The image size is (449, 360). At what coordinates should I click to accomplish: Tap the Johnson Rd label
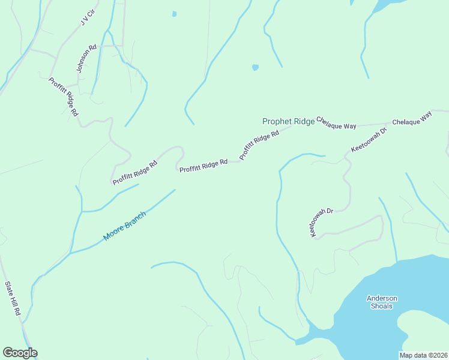click(86, 59)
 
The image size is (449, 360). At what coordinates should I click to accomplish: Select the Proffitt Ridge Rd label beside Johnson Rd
click(64, 96)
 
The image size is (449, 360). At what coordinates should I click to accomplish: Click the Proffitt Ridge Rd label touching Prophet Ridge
click(260, 145)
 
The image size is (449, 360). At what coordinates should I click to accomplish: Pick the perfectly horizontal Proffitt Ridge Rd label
click(203, 163)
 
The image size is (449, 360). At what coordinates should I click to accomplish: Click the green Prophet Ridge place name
click(288, 121)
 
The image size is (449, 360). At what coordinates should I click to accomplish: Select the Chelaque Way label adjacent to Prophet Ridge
click(336, 123)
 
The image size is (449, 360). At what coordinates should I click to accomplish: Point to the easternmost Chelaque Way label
click(412, 118)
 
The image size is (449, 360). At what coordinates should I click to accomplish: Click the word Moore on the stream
click(114, 233)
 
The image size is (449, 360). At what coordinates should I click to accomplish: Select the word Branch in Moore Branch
click(136, 219)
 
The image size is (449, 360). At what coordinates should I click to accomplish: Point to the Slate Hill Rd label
click(13, 299)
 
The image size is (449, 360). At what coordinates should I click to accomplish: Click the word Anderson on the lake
click(382, 298)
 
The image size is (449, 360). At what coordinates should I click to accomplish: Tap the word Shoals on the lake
click(381, 306)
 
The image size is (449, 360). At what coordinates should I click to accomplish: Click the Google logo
click(20, 353)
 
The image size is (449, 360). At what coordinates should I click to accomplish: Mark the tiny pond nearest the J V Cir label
click(174, 14)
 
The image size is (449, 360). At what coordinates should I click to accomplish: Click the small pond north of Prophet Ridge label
click(255, 67)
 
